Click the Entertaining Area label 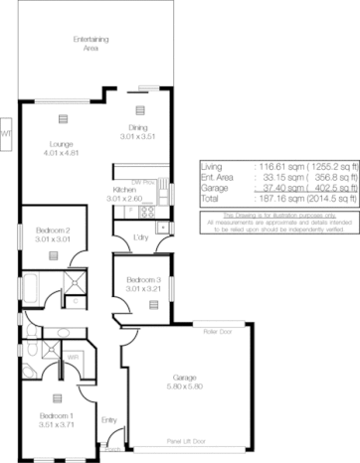point(90,43)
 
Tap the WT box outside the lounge point(5,131)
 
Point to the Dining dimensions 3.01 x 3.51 point(139,134)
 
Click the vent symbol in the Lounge point(62,118)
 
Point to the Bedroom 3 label point(141,280)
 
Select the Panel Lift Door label point(188,439)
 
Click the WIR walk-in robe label point(73,357)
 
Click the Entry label point(109,420)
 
